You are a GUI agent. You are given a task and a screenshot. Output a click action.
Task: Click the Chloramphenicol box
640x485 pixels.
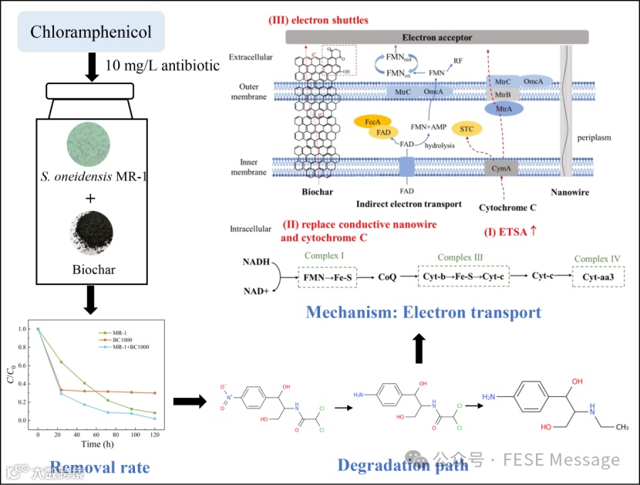(91, 32)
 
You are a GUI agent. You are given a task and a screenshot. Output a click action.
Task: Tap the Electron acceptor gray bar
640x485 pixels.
(436, 37)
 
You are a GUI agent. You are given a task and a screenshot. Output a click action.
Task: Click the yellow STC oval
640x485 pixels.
(466, 129)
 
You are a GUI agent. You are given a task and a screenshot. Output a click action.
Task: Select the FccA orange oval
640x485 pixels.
(371, 121)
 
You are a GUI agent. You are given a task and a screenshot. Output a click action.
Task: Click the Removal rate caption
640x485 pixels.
(99, 468)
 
